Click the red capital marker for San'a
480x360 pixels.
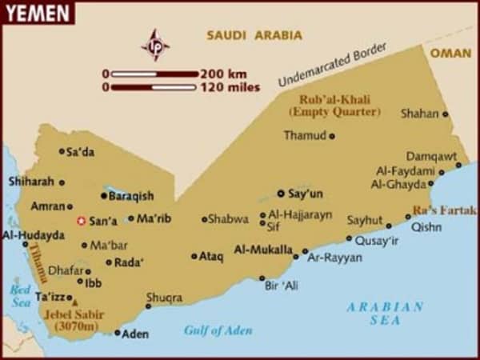pyautogui.click(x=80, y=221)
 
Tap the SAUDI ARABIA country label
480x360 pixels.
pyautogui.click(x=254, y=35)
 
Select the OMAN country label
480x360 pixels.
pyautogui.click(x=450, y=52)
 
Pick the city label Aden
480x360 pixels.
pyautogui.click(x=134, y=334)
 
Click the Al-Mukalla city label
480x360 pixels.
pyautogui.click(x=262, y=250)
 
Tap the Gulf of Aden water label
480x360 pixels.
pyautogui.click(x=218, y=330)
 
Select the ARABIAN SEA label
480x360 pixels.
pyautogui.click(x=386, y=313)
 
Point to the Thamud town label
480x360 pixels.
pyautogui.click(x=304, y=135)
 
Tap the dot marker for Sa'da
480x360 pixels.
pyautogui.click(x=62, y=150)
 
